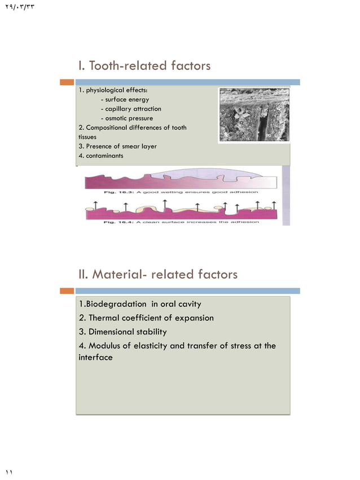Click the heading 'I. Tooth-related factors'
point(144,66)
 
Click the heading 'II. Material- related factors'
point(158,275)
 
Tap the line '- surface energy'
point(124,100)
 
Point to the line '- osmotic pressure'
point(126,118)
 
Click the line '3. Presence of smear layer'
point(117,146)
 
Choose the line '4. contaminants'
point(101,156)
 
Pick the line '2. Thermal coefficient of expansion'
point(147,318)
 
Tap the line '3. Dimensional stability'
point(123,332)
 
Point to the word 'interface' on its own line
point(95,358)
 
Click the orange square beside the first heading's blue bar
point(68,82)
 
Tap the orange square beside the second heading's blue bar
point(68,291)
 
